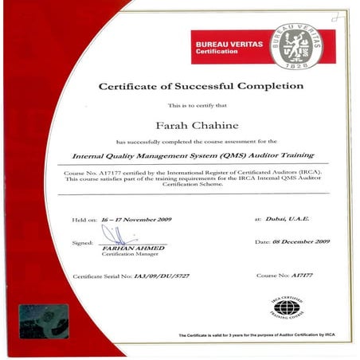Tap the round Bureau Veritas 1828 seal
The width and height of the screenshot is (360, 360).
pyautogui.click(x=295, y=43)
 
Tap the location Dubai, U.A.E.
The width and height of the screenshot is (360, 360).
pyautogui.click(x=284, y=218)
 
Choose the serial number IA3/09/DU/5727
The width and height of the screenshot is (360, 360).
pyautogui.click(x=164, y=276)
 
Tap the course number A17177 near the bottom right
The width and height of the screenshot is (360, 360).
pyautogui.click(x=299, y=276)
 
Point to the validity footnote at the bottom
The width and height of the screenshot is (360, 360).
pyautogui.click(x=259, y=337)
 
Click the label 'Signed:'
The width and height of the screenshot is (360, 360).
pyautogui.click(x=82, y=242)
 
